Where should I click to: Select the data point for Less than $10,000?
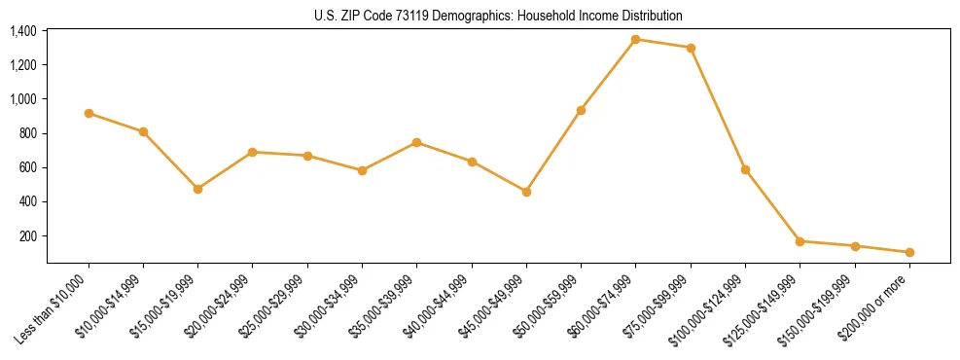click(89, 114)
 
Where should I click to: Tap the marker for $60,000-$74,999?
click(635, 39)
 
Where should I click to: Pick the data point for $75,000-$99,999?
click(691, 48)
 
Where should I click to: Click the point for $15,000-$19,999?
click(197, 189)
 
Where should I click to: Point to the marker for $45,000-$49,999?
click(526, 192)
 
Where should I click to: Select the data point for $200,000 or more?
click(909, 252)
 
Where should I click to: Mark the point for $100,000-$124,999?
click(745, 169)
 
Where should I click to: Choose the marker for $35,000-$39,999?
click(416, 142)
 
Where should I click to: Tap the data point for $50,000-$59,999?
click(581, 110)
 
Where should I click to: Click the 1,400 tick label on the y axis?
click(23, 31)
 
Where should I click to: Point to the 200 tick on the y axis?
click(28, 236)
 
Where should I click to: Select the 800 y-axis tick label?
click(28, 133)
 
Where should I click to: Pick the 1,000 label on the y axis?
click(23, 99)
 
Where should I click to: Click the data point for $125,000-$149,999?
click(800, 241)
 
